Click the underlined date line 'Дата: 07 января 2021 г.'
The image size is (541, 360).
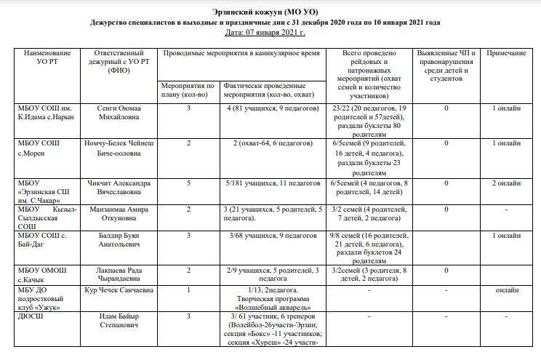pos(265,33)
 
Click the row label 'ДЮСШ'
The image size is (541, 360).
pos(29,316)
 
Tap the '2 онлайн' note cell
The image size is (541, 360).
pos(506,183)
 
